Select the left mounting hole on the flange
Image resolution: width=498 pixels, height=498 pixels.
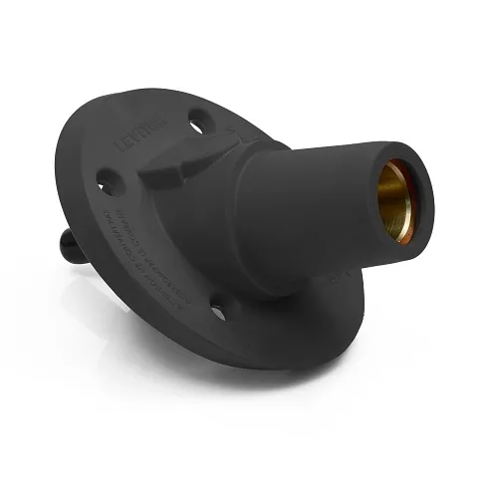pyautogui.click(x=107, y=182)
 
